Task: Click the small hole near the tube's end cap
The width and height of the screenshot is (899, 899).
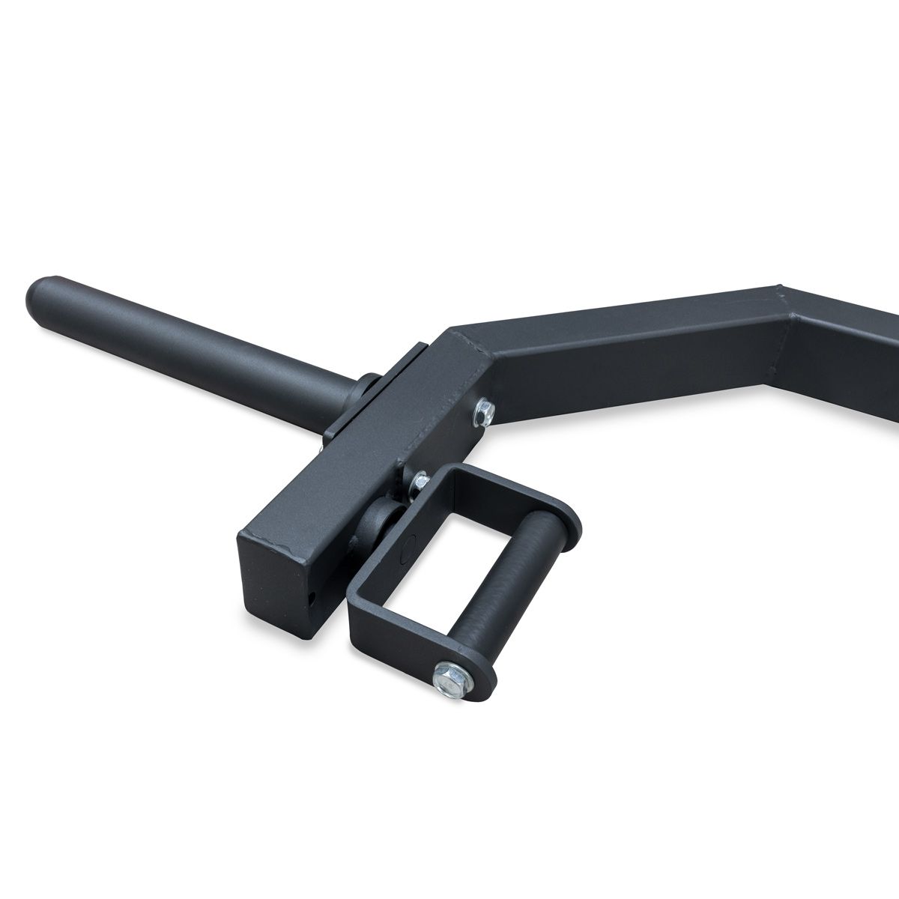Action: pyautogui.click(x=312, y=599)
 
